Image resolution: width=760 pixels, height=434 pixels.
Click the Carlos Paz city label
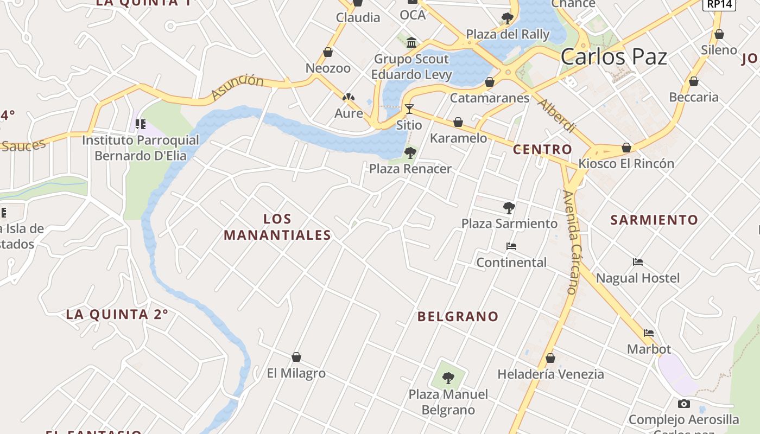coord(613,56)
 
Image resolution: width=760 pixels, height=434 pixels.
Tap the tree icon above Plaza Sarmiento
coord(509,207)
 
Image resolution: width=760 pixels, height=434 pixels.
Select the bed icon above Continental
coord(511,246)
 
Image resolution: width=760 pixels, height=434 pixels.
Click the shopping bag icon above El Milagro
coord(296,357)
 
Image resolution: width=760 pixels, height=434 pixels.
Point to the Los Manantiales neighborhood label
coord(277,227)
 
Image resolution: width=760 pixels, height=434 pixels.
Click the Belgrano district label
coord(458,316)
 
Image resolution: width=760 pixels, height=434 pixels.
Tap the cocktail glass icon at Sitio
coord(409,109)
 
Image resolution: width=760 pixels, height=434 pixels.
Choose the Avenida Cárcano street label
coord(570,242)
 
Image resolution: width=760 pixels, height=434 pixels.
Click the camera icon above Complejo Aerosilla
coord(683,404)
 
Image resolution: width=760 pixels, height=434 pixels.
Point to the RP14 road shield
coord(719,4)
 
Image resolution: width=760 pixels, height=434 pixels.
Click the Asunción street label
coord(237,87)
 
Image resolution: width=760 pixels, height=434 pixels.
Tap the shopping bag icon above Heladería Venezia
coord(550,358)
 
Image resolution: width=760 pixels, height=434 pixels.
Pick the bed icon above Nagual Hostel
coord(638,262)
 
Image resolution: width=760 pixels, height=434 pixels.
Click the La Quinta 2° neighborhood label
coord(117,314)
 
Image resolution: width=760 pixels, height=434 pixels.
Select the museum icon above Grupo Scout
coord(411,42)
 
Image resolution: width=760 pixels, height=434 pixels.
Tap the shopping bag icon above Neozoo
coord(328,52)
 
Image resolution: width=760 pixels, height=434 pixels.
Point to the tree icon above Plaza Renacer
coord(410,152)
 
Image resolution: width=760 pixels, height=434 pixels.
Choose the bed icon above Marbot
coord(649,333)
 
